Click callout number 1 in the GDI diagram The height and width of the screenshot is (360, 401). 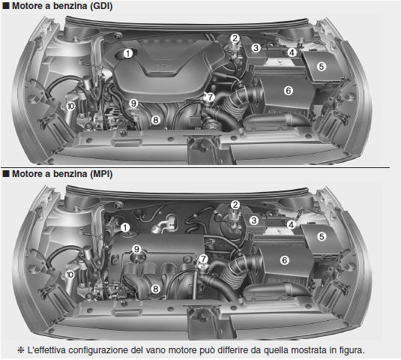128,53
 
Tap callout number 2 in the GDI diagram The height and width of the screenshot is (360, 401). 235,38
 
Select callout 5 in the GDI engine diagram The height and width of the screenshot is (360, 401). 322,67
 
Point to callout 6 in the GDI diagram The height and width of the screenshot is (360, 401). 289,91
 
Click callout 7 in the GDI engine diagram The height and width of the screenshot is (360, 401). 210,97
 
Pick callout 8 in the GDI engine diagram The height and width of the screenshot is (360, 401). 155,120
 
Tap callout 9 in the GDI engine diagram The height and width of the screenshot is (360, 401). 133,103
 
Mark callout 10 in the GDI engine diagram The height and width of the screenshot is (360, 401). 70,106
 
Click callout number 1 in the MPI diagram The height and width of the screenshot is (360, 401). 125,227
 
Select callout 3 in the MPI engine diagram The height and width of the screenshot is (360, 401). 253,220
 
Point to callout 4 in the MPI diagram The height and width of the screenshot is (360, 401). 291,225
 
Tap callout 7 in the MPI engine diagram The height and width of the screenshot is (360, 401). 203,259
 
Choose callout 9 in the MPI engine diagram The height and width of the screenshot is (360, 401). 136,249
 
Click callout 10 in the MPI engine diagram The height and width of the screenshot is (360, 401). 70,274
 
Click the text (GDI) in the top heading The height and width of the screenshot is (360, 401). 101,6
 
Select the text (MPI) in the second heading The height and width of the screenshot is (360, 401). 101,174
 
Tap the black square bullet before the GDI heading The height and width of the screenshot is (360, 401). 6,6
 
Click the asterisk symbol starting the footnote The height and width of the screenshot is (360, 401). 21,350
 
